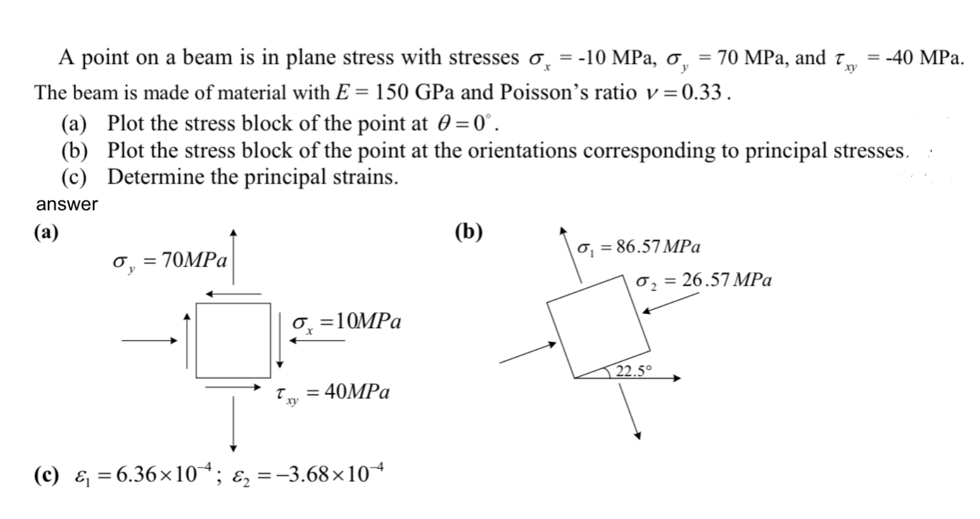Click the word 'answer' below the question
[x=67, y=204]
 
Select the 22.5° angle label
[x=634, y=371]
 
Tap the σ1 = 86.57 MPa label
[x=639, y=247]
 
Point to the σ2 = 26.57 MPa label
[x=704, y=280]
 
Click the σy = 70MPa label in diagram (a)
[x=170, y=261]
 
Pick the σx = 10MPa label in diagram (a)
[x=346, y=322]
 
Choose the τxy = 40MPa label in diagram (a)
[x=333, y=393]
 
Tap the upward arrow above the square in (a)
[x=234, y=257]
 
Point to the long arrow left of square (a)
[x=150, y=341]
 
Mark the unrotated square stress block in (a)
[x=234, y=340]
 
